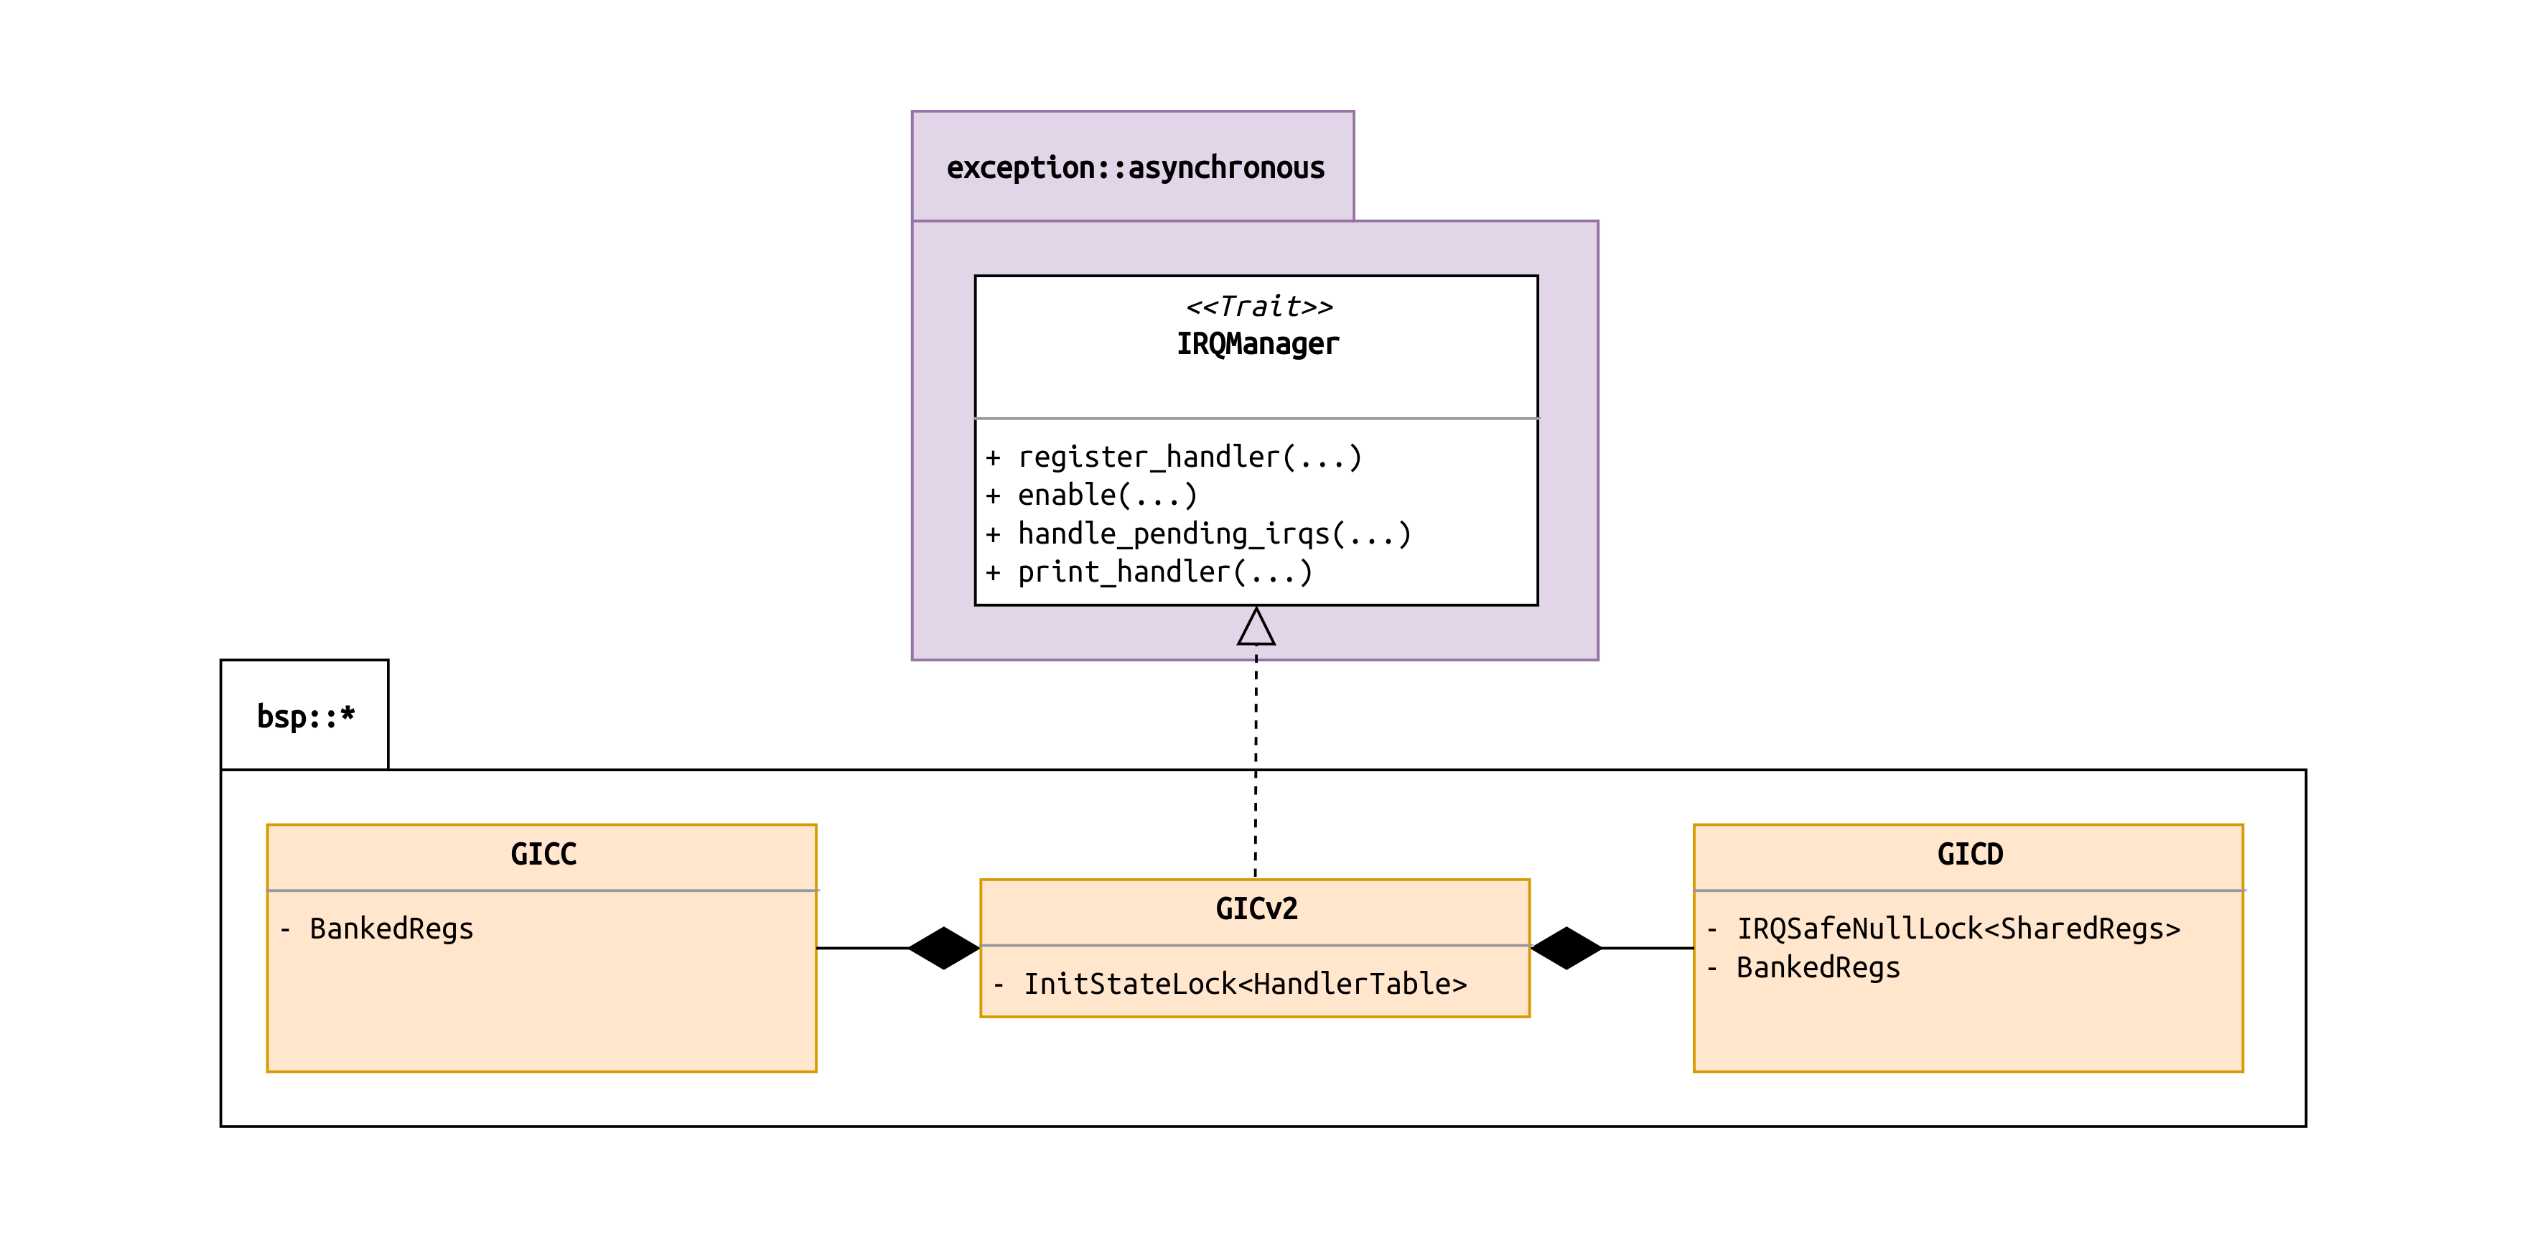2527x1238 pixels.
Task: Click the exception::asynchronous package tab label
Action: tap(1135, 168)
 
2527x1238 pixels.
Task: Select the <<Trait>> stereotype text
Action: tap(1258, 307)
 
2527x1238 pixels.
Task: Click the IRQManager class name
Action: tap(1258, 344)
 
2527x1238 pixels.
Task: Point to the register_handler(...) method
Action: tap(1189, 457)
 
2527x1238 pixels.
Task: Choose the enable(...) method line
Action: tap(1106, 495)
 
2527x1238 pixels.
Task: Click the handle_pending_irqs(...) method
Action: tap(1213, 534)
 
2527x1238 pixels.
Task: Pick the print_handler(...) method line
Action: tap(1164, 572)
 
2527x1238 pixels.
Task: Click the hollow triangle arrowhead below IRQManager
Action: tap(1256, 628)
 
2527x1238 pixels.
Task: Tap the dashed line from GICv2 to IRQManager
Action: tap(1256, 765)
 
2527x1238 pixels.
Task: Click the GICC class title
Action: tap(543, 855)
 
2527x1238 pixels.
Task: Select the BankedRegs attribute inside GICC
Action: tap(391, 929)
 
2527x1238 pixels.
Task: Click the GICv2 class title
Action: tap(1256, 909)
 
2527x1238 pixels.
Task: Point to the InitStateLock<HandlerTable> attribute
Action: tap(1245, 984)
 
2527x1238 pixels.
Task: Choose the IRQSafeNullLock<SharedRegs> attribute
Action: tap(1958, 929)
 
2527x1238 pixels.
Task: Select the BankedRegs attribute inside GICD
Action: tap(1818, 968)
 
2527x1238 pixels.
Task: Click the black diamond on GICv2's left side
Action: tap(944, 948)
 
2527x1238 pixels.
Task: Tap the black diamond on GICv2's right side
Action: tap(1566, 948)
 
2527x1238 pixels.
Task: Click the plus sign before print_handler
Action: tap(993, 573)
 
